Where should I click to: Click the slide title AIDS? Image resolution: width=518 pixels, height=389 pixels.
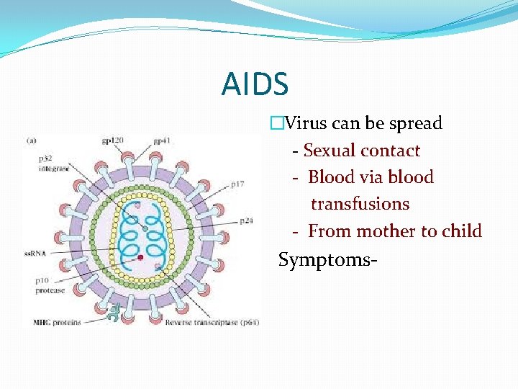255,84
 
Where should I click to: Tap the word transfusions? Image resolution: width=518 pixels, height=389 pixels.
360,204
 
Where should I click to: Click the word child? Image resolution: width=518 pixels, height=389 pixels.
462,231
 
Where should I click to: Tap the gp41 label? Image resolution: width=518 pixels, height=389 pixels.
162,140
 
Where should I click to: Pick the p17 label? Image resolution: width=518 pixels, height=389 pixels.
237,184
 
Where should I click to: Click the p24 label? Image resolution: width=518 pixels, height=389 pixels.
246,220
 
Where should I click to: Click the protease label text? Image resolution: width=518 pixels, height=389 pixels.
50,290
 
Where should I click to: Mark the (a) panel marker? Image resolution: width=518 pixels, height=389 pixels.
32,140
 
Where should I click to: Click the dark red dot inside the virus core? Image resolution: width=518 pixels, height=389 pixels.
141,256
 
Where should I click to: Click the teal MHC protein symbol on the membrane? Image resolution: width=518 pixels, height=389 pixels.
113,312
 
